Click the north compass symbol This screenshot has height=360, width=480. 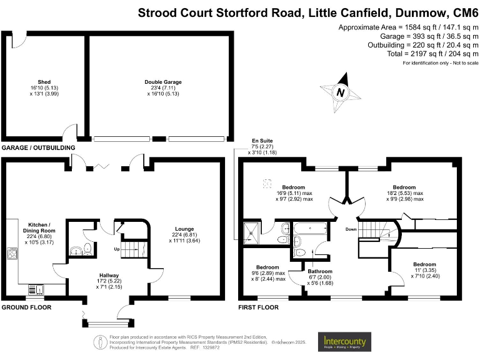point(341,92)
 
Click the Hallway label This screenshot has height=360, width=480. point(109,281)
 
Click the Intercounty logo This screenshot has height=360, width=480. point(345,342)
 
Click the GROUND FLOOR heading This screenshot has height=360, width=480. point(26,307)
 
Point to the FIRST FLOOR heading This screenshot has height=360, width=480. point(259,307)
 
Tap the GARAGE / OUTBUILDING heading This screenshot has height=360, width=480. point(38,147)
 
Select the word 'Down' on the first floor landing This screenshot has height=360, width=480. point(351,229)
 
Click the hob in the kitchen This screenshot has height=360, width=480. point(11,253)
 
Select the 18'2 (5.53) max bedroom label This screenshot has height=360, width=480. point(404,193)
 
